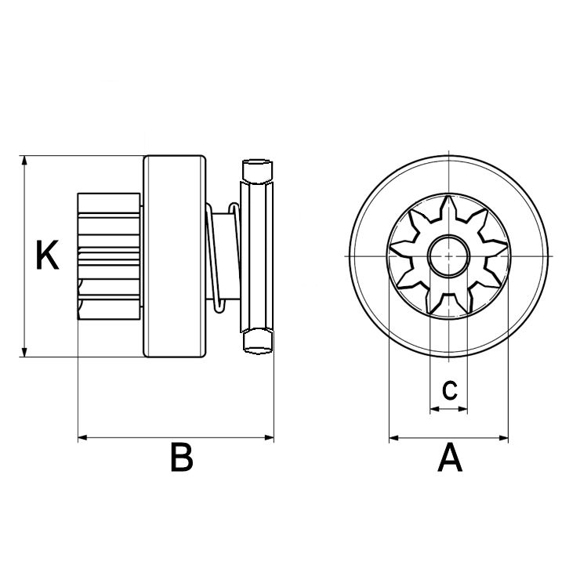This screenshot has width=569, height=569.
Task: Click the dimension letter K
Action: point(48,256)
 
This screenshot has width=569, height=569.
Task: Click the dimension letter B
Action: point(181,458)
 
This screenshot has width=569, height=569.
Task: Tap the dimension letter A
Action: point(450,458)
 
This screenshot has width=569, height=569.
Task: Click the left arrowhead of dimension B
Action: point(82,437)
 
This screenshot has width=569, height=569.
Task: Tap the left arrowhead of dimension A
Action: point(394,437)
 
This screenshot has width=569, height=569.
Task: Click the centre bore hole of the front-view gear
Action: point(448,256)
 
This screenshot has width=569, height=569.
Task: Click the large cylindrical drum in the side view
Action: point(175,256)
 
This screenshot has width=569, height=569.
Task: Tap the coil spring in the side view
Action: point(223,256)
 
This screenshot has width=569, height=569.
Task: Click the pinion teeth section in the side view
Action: point(108,256)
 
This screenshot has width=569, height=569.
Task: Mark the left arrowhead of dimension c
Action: point(434,408)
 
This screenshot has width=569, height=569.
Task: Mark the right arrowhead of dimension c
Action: point(463,408)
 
